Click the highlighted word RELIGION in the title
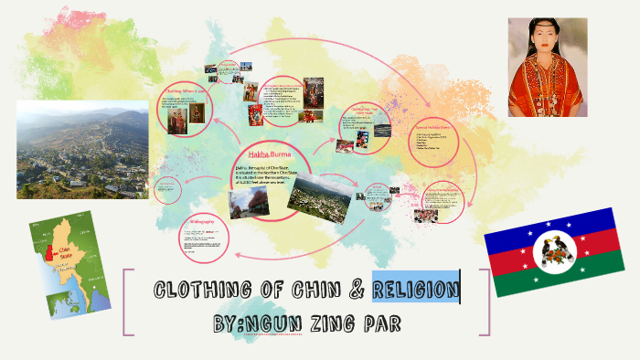tap(415, 291)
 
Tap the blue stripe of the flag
tap(549, 223)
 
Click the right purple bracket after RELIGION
tap(485, 302)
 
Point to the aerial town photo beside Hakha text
tap(319, 194)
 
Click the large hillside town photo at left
tap(82, 148)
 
